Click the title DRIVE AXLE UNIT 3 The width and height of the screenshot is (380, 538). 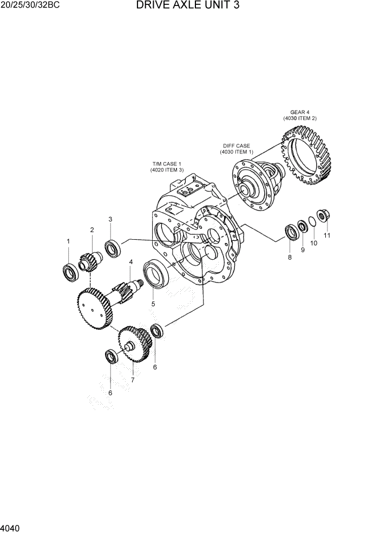click(188, 6)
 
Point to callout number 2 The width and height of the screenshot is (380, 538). click(92, 230)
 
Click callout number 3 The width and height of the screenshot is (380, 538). click(110, 219)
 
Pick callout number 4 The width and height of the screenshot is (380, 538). click(130, 262)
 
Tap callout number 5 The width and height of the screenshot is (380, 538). click(153, 304)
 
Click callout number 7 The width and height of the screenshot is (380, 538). click(132, 380)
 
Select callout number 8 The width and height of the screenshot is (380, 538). click(290, 257)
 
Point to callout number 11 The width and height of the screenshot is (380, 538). click(327, 235)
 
